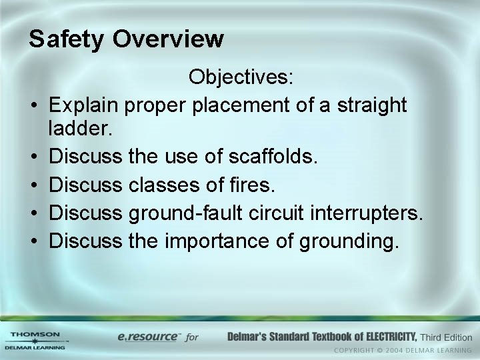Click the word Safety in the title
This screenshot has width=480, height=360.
[x=67, y=39]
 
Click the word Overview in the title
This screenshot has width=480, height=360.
[x=168, y=39]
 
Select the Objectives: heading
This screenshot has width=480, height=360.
[x=241, y=77]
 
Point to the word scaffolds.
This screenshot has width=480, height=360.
[x=274, y=157]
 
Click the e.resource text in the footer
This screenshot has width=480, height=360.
[x=148, y=337]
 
